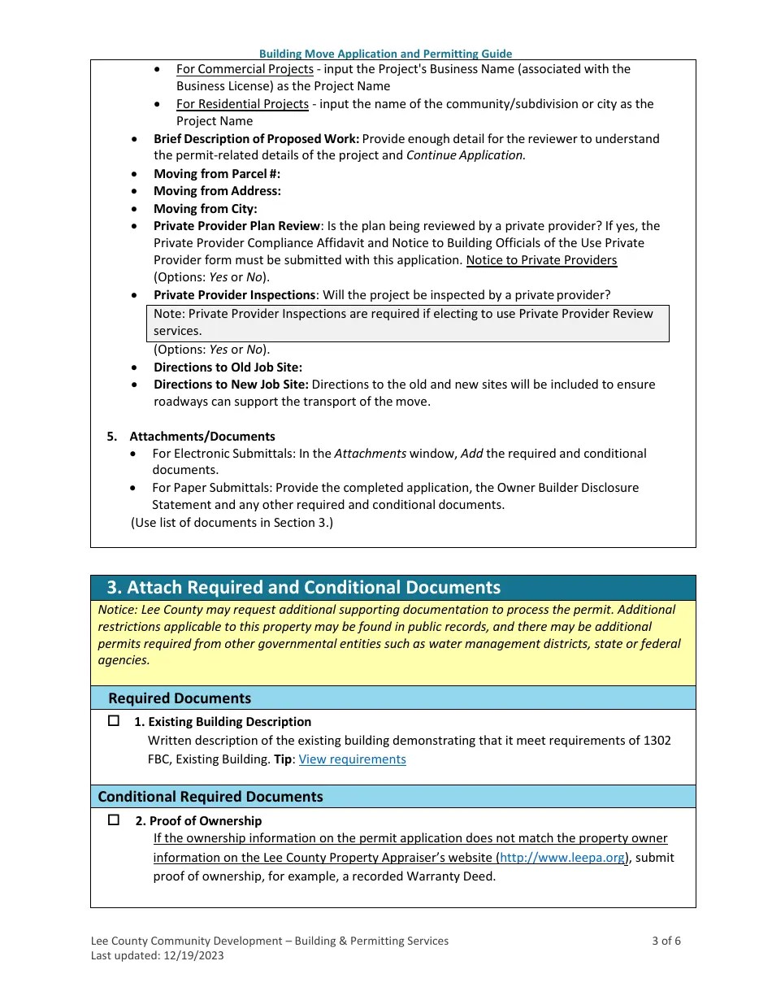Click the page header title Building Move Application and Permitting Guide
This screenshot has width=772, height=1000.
(385, 54)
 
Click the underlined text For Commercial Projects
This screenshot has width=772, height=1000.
(245, 69)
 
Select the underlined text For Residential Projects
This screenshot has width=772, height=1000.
(242, 104)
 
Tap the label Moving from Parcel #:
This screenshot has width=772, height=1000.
(216, 174)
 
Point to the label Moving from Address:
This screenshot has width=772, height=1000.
(217, 191)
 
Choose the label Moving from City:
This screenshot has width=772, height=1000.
(205, 209)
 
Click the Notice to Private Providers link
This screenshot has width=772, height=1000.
(541, 260)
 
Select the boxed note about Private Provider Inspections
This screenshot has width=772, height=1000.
(407, 323)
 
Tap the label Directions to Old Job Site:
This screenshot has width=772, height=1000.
(228, 367)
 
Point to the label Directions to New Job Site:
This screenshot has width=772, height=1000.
(231, 385)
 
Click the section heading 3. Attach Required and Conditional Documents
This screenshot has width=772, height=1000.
(304, 588)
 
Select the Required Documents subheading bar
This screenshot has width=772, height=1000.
(180, 698)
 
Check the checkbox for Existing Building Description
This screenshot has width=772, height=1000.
(114, 721)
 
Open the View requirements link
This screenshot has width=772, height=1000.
(352, 759)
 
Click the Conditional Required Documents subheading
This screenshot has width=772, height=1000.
(210, 797)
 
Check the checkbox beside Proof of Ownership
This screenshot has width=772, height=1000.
(114, 820)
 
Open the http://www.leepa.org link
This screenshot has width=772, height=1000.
(562, 858)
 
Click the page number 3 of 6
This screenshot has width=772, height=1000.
(666, 941)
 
